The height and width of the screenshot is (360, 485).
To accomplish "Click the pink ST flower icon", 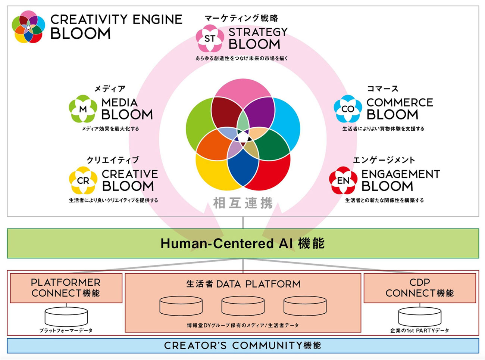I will [x=210, y=38].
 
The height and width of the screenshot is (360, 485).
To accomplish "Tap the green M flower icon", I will [x=83, y=109].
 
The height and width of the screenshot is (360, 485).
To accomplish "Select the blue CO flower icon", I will [x=348, y=109].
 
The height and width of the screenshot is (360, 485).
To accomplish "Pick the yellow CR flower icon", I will [x=83, y=180].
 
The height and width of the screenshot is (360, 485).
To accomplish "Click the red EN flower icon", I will [x=343, y=180].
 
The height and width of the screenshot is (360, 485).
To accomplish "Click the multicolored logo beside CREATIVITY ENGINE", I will [x=28, y=27].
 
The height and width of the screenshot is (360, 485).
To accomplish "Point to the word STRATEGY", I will [x=258, y=32].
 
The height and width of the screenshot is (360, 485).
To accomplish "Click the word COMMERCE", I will [x=400, y=102].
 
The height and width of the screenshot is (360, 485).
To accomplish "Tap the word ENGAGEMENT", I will [x=400, y=174].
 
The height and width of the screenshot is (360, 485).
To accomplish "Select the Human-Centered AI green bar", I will [x=242, y=243].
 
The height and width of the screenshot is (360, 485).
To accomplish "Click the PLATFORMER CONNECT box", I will [x=66, y=288].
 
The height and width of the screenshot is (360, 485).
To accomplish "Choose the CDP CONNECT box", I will [x=420, y=288].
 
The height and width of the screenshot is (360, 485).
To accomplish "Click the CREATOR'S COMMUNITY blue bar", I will [x=242, y=345].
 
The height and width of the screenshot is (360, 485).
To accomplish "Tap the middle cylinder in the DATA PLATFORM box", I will [x=243, y=306].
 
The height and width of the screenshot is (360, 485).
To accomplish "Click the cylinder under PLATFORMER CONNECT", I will [x=66, y=316].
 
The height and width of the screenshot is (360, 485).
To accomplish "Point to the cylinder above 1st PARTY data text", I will [x=420, y=316].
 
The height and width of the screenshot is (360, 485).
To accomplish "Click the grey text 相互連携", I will [x=243, y=203].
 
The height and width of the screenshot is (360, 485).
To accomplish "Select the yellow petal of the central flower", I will [x=209, y=172].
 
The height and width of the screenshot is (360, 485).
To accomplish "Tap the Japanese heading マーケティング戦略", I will [x=241, y=18].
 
